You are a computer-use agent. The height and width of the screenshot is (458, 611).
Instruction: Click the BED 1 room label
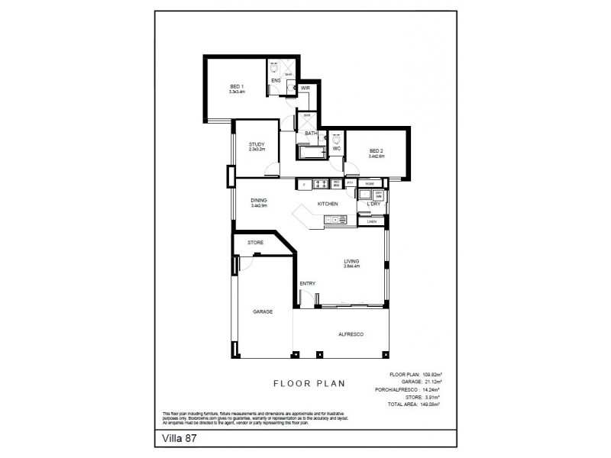click(237, 86)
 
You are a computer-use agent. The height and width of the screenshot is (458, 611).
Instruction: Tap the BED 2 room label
click(376, 150)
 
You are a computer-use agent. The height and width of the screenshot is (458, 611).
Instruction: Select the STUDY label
click(256, 144)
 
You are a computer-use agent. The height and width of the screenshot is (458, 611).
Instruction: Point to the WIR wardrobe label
click(305, 89)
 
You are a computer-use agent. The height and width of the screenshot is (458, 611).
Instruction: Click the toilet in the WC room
click(336, 139)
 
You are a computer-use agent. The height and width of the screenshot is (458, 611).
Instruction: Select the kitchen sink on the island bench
click(335, 220)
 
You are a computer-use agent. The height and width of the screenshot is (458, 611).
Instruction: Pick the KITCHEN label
click(328, 205)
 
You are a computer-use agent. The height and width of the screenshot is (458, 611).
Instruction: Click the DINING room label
click(258, 200)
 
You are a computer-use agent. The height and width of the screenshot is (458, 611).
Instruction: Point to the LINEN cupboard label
click(372, 222)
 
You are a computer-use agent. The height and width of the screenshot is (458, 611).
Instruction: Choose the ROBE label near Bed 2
click(369, 183)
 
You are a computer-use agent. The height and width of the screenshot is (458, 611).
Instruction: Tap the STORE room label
click(255, 243)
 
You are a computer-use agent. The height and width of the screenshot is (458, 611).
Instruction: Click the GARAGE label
click(263, 311)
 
